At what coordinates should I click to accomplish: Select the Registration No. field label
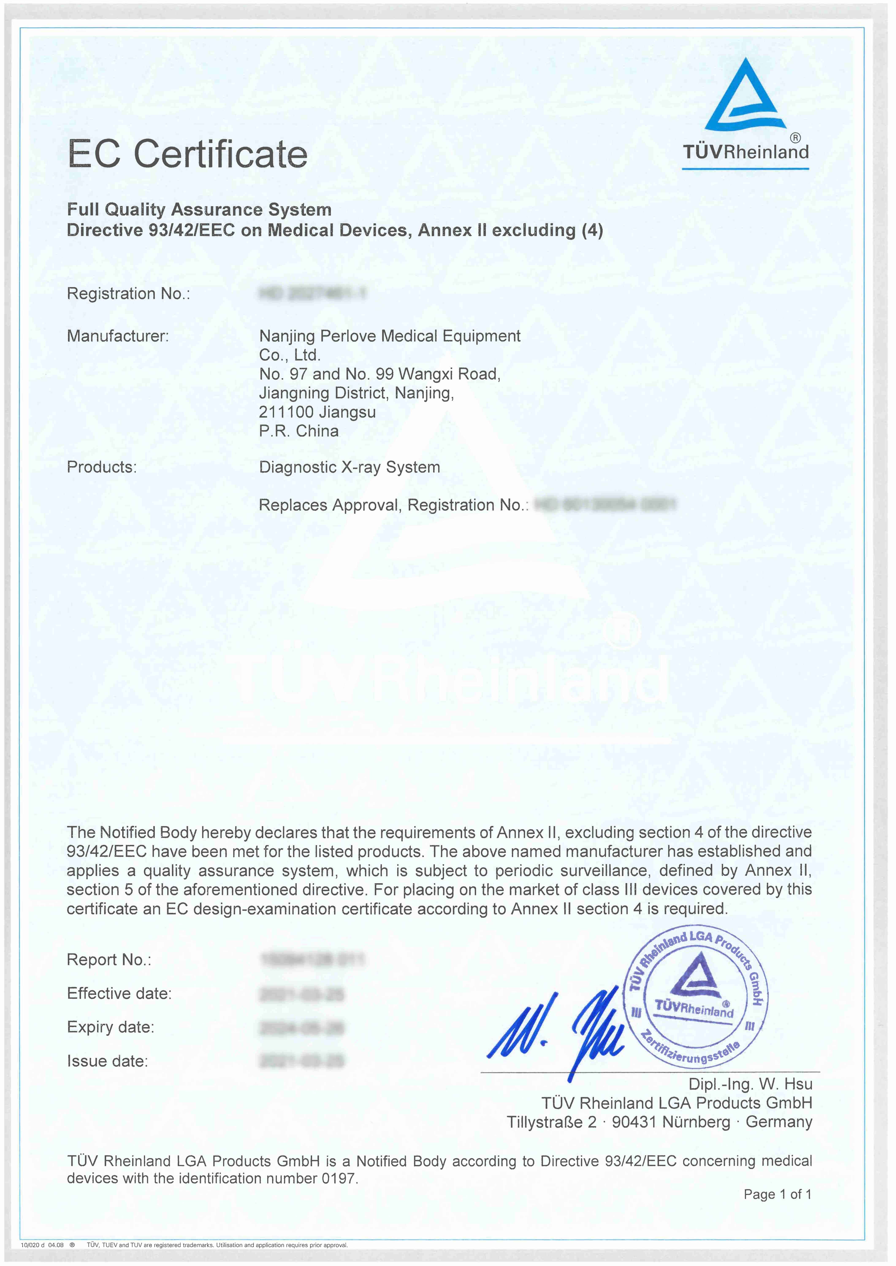coord(128,294)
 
